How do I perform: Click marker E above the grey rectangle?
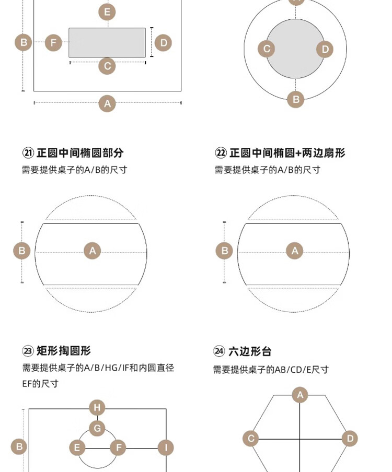(107, 12)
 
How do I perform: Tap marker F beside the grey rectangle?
(53, 43)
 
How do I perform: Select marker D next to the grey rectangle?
(163, 43)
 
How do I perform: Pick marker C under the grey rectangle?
(107, 66)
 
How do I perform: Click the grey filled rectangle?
(107, 42)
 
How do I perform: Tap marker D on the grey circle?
(325, 49)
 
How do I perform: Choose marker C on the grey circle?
(267, 49)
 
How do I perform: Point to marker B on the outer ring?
(295, 99)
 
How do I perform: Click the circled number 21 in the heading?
(28, 153)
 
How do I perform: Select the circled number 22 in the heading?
(221, 153)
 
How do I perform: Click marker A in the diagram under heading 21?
(93, 251)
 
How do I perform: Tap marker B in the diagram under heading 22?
(224, 251)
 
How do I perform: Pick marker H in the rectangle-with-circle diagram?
(97, 408)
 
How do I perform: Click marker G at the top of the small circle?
(97, 429)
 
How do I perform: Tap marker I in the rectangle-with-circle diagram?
(166, 447)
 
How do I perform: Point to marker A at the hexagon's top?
(299, 395)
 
